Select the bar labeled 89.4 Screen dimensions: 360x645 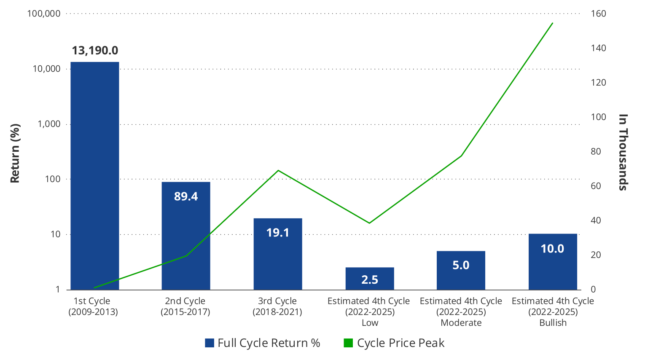[x=186, y=236]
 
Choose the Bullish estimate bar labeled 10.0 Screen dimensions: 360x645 [x=553, y=261]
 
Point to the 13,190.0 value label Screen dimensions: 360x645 [x=95, y=51]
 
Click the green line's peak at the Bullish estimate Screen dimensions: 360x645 [x=552, y=24]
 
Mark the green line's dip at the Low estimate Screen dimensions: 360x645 [x=369, y=223]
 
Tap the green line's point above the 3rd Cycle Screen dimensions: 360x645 [x=278, y=170]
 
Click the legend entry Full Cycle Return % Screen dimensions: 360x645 [x=263, y=343]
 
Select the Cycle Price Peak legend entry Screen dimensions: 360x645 [x=394, y=343]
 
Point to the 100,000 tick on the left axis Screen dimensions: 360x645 [x=43, y=13]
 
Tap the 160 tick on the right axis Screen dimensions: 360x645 [x=598, y=13]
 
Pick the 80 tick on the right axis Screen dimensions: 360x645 [x=596, y=151]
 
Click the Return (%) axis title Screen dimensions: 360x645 [x=15, y=153]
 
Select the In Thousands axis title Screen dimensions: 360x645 [x=623, y=152]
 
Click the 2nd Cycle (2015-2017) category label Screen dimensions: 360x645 [x=185, y=306]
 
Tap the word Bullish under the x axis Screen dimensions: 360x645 [x=553, y=323]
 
